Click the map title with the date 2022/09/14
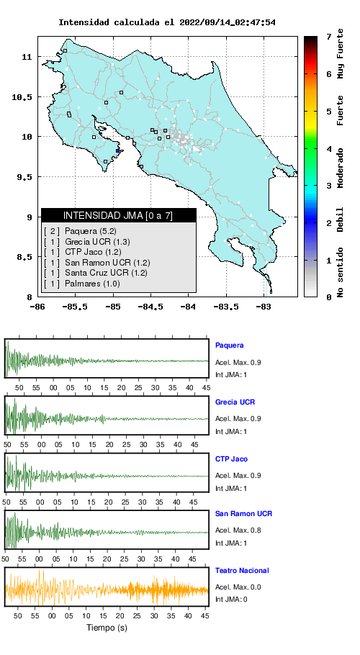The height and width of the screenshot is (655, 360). pos(166,22)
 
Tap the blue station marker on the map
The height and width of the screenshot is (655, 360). pos(118,151)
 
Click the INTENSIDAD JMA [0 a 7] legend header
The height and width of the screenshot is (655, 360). pos(118,215)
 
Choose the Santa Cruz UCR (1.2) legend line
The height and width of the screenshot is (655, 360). pos(95,274)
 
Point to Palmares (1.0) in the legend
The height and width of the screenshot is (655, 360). pos(81,284)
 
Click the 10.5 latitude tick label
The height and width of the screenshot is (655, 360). pos(23,97)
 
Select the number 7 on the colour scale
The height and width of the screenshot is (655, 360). pos(329,37)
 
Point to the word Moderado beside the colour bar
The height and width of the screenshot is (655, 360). pos(341,168)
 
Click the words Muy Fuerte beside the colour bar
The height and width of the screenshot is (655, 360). pos(341,53)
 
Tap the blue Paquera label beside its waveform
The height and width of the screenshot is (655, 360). pos(229,345)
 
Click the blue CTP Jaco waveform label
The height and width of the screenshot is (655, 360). pos(231,459)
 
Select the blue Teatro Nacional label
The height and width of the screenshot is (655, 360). pos(242,571)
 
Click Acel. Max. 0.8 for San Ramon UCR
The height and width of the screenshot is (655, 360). pos(238,530)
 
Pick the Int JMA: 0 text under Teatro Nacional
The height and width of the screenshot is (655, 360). pos(231,600)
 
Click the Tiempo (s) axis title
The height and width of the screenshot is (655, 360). pos(107,628)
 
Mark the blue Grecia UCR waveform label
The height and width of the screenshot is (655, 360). pos(235,402)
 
